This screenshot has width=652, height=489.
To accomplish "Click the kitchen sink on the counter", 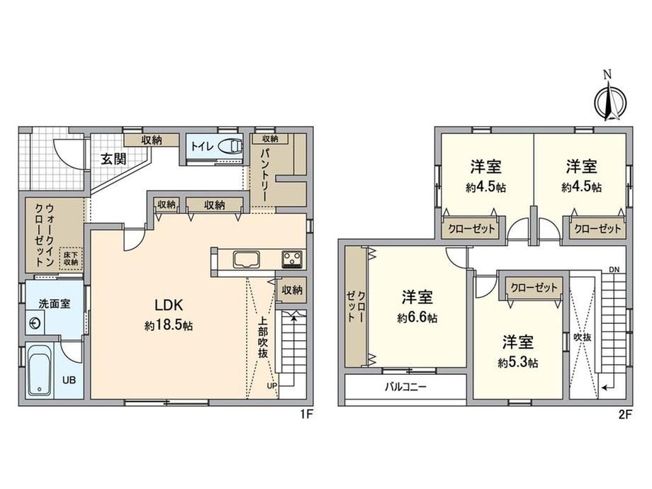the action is pos(247,259).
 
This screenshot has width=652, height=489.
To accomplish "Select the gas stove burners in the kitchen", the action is pos(293,259).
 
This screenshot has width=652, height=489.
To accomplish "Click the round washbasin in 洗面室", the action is pos(35,323).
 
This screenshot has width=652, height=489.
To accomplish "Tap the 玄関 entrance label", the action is pos(113,159).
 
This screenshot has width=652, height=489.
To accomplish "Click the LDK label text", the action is pos(169,305).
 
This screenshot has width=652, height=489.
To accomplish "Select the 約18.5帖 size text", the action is pos(169,325).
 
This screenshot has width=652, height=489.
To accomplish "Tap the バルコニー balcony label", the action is pos(405,388).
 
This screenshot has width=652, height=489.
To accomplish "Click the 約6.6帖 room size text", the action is pos(417,318).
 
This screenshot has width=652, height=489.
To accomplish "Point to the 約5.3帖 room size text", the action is pos(518,363).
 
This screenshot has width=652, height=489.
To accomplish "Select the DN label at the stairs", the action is pos(614,270).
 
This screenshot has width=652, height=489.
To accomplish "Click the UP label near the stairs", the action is pos(272,386).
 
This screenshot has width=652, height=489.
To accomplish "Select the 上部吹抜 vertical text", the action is pos(263,337).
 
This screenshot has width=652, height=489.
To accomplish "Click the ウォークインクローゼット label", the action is pos(45,234).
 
